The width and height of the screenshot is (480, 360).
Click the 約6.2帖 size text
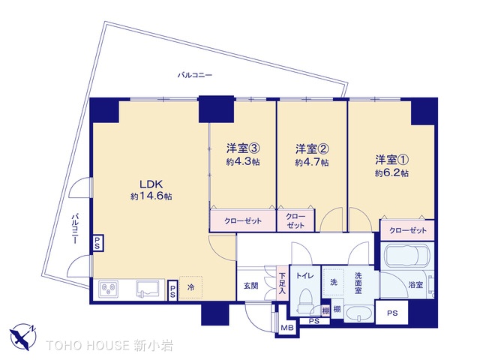pos(393,172)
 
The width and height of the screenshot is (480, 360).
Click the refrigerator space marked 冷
pos(192,287)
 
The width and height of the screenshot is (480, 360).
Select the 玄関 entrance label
pos(250,285)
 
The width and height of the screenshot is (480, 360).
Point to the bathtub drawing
pos(406,257)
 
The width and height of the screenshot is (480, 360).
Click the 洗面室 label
pos(358,282)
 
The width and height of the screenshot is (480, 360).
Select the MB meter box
pos(286,327)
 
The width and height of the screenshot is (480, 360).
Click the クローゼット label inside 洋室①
pos(406,229)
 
